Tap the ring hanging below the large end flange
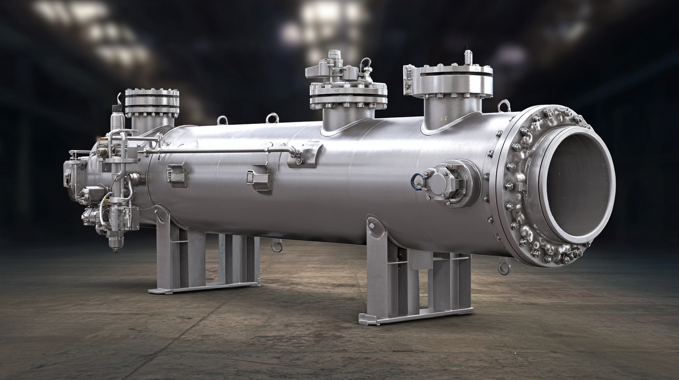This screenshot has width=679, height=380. [504, 267]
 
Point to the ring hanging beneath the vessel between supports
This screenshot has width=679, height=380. [277, 245]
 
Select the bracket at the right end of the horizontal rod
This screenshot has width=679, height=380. [305, 155]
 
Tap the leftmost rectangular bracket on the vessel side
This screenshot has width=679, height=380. [177, 176]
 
